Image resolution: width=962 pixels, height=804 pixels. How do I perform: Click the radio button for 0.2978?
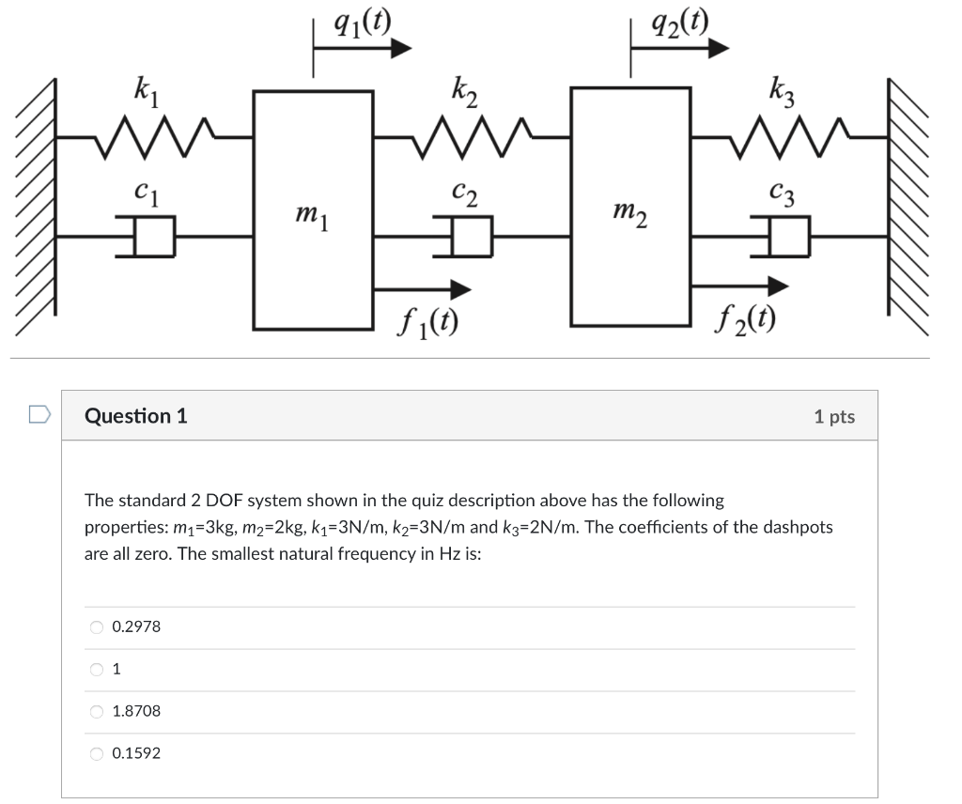pos(97,627)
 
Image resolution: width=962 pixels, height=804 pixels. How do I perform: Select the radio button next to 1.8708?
pos(97,712)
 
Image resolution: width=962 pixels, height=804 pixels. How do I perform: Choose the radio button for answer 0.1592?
pos(97,753)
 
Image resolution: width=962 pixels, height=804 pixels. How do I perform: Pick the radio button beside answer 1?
pos(97,670)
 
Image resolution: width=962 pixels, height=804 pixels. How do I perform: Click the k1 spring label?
pos(147,92)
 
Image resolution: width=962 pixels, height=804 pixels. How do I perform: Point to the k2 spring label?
pos(464,92)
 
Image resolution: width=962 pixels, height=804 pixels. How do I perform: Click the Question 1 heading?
pos(136,416)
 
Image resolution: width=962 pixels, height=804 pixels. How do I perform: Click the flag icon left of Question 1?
pos(39,414)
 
